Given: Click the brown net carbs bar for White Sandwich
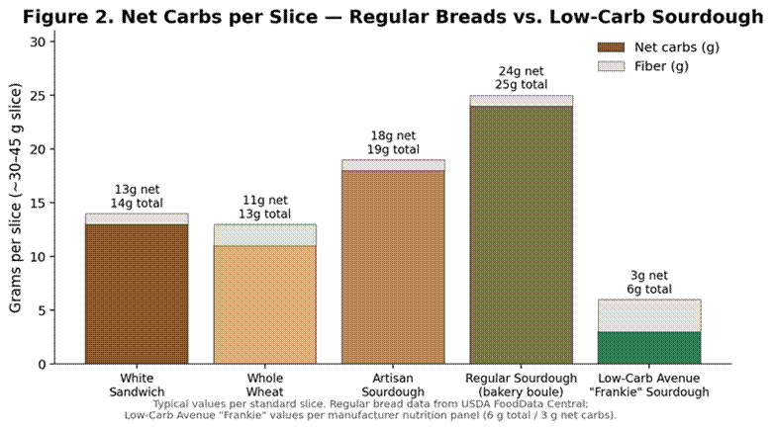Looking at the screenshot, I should coord(137,294).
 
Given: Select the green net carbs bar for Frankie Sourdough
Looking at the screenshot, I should coord(649,347).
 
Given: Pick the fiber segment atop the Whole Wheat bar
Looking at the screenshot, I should coord(265,235).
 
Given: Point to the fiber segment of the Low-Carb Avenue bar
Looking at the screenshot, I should coord(649,315).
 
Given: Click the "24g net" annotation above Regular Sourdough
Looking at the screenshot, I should coord(522,72).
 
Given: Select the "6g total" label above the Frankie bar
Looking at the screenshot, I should coord(649,290).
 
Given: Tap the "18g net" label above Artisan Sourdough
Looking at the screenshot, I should coord(393,135).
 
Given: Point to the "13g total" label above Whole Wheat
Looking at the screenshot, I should coord(265,214).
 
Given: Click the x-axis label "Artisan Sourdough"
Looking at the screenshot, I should coord(393,385).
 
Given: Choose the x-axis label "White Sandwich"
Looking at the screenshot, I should coord(137,385).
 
